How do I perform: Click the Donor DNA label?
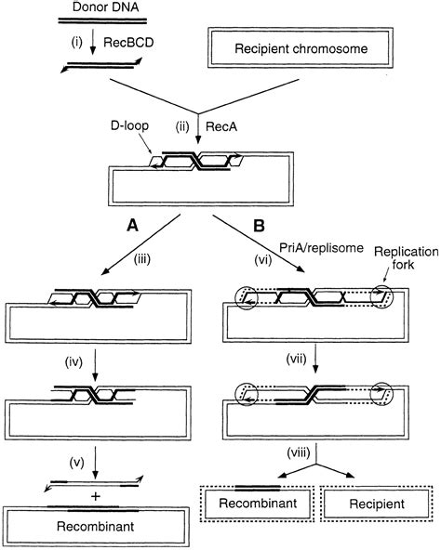[x=105, y=7]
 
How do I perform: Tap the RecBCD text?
[x=128, y=43]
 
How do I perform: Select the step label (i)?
[x=76, y=43]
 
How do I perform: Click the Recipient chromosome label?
[x=301, y=48]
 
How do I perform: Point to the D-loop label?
[x=129, y=125]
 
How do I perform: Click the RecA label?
[x=221, y=126]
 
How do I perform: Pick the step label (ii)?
[x=182, y=126]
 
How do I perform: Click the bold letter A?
[x=132, y=226]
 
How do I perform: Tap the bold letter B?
[x=259, y=226]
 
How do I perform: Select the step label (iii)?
[x=142, y=259]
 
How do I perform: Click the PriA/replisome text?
[x=321, y=248]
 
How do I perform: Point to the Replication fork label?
[x=407, y=258]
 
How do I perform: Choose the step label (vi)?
[x=263, y=260]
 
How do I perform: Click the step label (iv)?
[x=73, y=362]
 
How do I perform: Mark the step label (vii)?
[x=297, y=359]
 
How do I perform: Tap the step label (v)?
[x=77, y=463]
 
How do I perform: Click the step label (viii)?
[x=299, y=452]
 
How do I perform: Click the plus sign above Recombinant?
[x=95, y=496]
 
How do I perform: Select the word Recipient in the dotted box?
[x=377, y=504]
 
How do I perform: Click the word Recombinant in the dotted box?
[x=258, y=503]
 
